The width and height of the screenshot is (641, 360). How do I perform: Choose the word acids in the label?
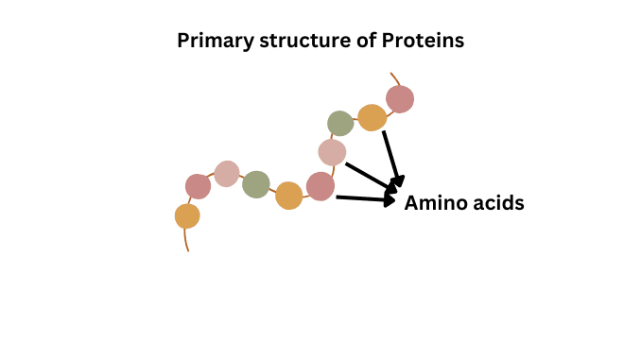pyautogui.click(x=497, y=203)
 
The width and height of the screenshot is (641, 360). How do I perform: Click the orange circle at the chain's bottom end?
pyautogui.click(x=187, y=216)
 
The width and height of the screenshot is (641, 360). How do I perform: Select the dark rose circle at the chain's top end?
pyautogui.click(x=400, y=98)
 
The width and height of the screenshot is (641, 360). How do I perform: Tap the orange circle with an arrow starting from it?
pyautogui.click(x=372, y=118)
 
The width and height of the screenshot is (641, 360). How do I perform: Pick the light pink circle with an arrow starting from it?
pyautogui.click(x=332, y=152)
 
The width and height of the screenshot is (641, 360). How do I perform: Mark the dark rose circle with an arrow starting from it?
pyautogui.click(x=320, y=186)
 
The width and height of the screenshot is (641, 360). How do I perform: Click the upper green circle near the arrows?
pyautogui.click(x=340, y=123)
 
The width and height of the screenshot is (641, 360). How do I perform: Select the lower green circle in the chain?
pyautogui.click(x=255, y=184)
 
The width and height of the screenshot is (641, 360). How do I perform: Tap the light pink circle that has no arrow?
pyautogui.click(x=227, y=174)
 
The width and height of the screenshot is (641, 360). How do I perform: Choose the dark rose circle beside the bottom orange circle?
pyautogui.click(x=198, y=186)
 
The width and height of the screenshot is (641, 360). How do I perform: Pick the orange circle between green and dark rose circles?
pyautogui.click(x=288, y=196)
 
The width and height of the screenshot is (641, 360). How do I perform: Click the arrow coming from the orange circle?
pyautogui.click(x=392, y=156)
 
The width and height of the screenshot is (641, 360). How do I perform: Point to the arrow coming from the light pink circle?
pyautogui.click(x=369, y=176)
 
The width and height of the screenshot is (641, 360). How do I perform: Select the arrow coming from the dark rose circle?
pyautogui.click(x=364, y=198)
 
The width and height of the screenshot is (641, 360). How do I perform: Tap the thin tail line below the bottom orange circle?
pyautogui.click(x=185, y=240)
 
